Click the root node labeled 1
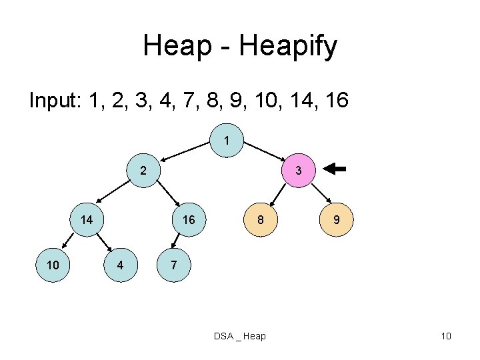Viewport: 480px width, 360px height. coord(227,141)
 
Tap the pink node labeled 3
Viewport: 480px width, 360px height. coord(299,171)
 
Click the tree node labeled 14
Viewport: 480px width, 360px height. coord(87,220)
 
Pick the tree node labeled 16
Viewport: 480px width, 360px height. coord(189,220)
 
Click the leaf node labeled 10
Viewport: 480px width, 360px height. coord(53,265)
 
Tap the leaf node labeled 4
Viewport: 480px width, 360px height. coord(120,265)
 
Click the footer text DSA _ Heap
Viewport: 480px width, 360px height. coord(239,336)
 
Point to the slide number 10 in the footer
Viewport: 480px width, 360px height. coord(446,336)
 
